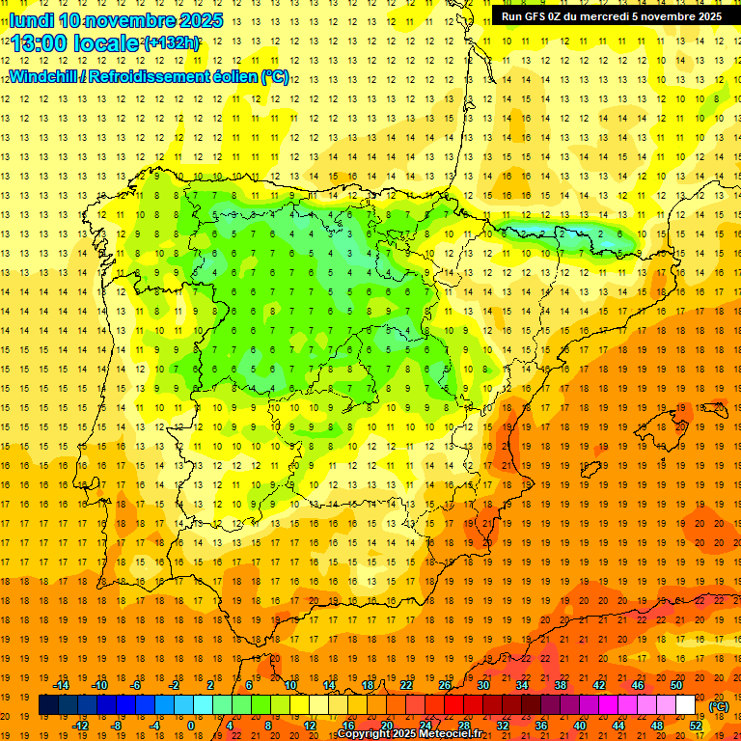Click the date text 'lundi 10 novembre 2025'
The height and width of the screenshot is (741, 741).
tap(116, 20)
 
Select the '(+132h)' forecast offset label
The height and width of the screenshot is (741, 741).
tap(171, 43)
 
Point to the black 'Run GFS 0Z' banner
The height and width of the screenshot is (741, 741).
tap(611, 16)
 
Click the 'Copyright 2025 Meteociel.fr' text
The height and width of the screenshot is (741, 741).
tap(410, 734)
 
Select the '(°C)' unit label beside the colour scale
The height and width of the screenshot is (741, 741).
tap(718, 706)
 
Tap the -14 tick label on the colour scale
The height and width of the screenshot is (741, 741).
tap(62, 685)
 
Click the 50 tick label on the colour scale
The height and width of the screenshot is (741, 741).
tap(676, 685)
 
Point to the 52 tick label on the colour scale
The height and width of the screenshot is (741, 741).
tap(696, 726)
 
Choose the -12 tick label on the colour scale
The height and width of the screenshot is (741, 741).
tap(81, 726)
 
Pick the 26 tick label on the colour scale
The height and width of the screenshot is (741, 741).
tap(445, 685)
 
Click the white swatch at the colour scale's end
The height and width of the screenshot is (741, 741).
tap(685, 705)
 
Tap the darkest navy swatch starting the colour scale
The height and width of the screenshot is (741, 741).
tap(48, 705)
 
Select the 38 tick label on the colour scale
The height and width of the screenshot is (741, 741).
tap(561, 685)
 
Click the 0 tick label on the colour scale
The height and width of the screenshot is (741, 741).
tap(191, 726)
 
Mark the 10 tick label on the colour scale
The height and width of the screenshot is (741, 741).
tap(290, 685)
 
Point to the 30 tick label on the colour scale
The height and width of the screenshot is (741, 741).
tap(483, 685)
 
